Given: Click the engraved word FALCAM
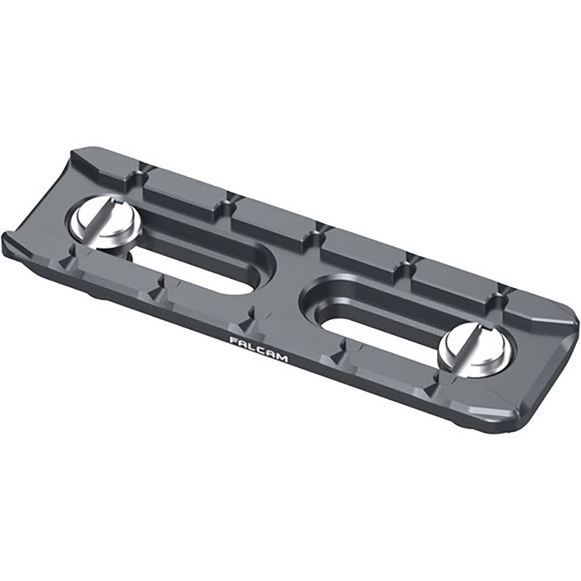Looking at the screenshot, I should click(258, 349).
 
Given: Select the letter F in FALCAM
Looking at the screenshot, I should click(232, 340).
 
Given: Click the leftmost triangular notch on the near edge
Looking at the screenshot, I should click(76, 250).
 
